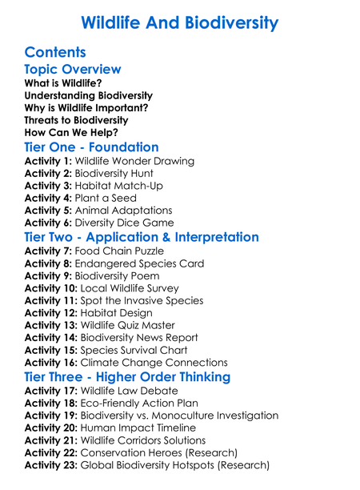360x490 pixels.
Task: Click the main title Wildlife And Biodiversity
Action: [180, 22]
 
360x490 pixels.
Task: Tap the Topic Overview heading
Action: [73, 70]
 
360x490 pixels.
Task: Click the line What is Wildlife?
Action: [63, 83]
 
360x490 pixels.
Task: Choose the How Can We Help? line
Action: [72, 133]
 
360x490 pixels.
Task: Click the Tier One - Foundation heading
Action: [91, 147]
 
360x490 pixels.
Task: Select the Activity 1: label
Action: [49, 161]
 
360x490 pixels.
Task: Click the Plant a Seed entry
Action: [111, 198]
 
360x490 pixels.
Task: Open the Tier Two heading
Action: [142, 237]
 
